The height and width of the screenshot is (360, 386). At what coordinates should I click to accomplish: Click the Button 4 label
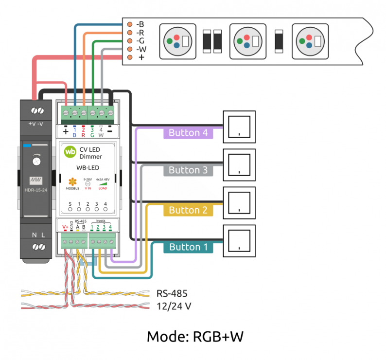pos(188,133)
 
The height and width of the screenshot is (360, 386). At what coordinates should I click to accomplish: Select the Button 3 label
pos(188,170)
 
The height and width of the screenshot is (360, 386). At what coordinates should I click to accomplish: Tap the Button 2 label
pos(188,210)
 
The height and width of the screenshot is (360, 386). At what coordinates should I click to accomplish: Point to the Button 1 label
pos(188,247)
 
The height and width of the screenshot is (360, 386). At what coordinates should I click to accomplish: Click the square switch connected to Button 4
pos(238,126)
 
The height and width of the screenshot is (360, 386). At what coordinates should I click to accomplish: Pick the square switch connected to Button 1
pos(238,240)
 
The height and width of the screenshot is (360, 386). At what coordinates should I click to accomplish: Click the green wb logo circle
pos(70,152)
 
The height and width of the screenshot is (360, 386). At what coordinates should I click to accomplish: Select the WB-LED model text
pos(88,168)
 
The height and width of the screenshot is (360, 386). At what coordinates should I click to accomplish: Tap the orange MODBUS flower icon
pos(72,181)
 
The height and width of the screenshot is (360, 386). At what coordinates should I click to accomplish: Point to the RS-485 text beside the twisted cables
pos(172,294)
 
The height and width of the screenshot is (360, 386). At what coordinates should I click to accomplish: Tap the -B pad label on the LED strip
pos(140,24)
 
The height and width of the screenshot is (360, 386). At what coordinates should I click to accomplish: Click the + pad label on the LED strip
pos(141,57)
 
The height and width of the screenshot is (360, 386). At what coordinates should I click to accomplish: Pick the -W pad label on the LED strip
pos(140,49)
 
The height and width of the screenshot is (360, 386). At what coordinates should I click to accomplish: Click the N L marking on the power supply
pos(38,235)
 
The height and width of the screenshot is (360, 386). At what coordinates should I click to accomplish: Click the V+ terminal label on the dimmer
pos(65,227)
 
